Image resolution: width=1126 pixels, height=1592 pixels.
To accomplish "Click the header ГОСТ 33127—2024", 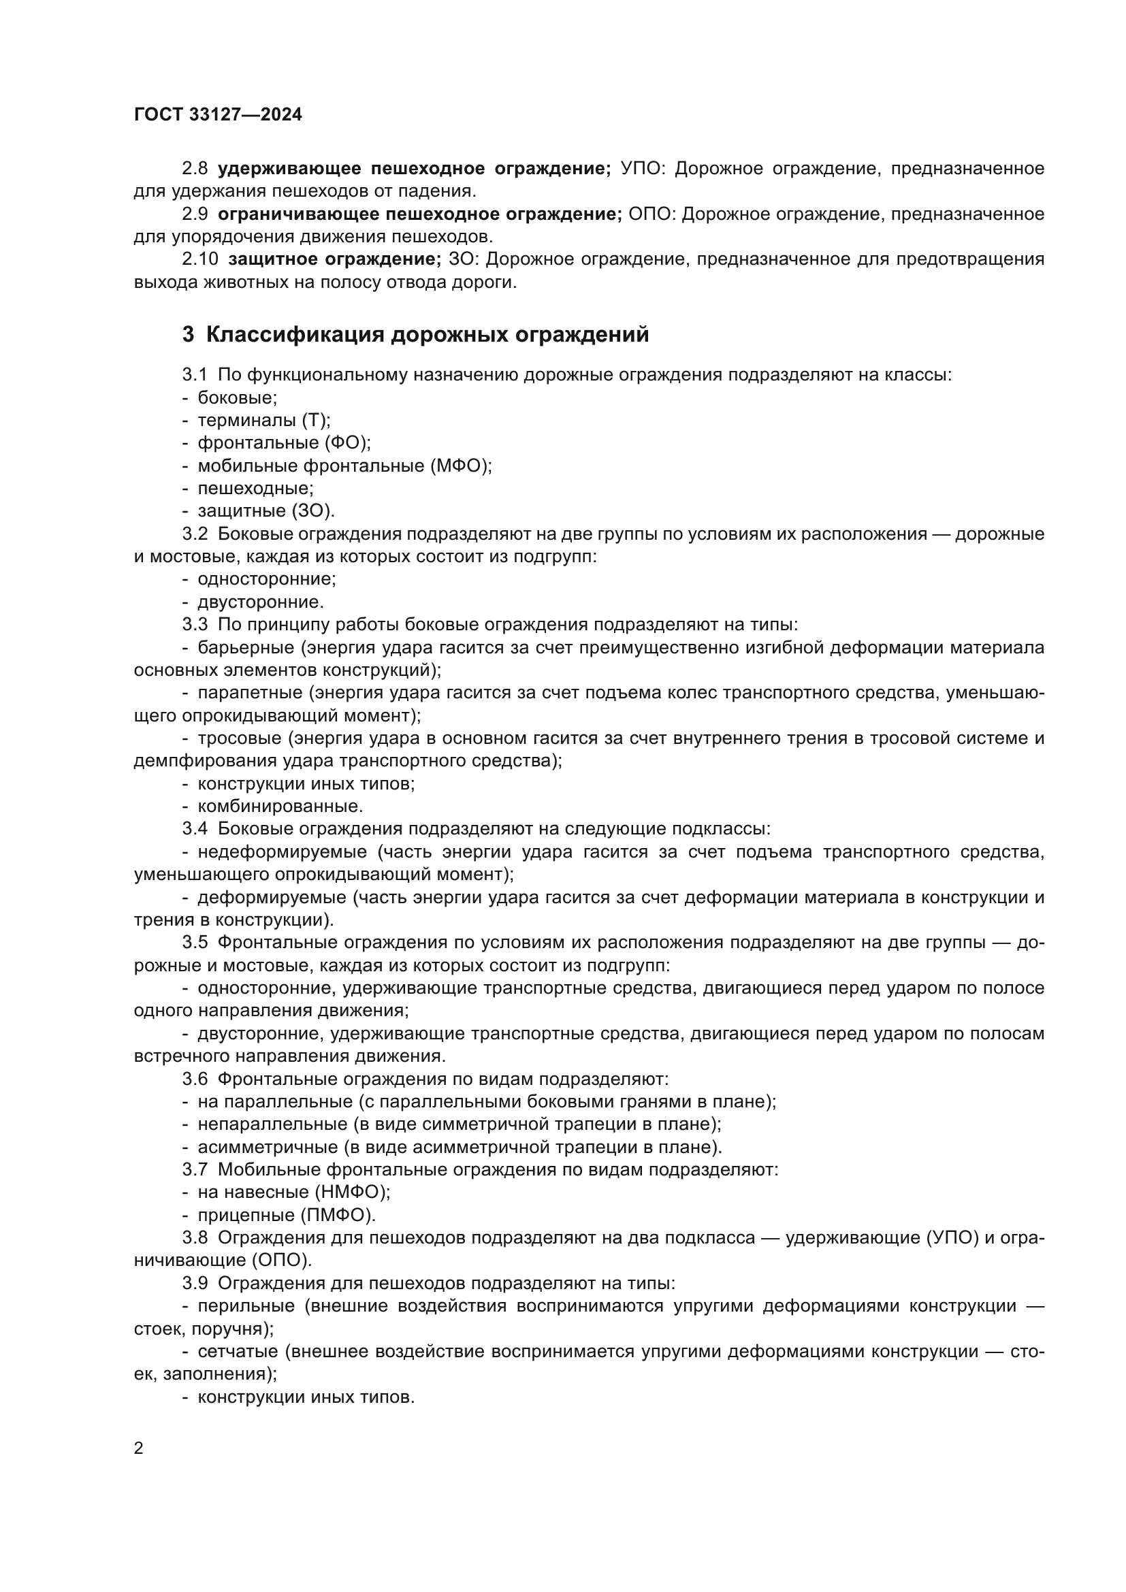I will [218, 115].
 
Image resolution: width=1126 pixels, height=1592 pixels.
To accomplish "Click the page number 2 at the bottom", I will [139, 1448].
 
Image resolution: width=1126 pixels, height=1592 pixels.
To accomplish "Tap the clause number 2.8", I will [195, 169].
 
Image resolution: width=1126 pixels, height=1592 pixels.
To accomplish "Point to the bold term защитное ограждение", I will [334, 259].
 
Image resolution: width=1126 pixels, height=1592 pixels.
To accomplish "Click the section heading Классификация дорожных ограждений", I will [427, 334].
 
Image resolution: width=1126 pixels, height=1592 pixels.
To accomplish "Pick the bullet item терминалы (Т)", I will [263, 420].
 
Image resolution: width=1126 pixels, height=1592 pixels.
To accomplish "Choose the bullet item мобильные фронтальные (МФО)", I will [344, 466].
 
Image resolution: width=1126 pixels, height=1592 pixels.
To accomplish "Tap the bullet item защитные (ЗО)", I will [266, 511].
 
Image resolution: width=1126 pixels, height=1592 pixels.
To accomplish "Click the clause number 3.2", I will [195, 534].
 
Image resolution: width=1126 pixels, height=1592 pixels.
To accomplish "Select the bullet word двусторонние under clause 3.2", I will [260, 602].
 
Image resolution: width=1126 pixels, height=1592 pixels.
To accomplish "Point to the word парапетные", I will [250, 693].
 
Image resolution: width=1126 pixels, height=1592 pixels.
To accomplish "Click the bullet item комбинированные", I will [280, 807].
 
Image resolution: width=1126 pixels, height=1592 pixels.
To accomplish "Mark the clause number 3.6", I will [195, 1079].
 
